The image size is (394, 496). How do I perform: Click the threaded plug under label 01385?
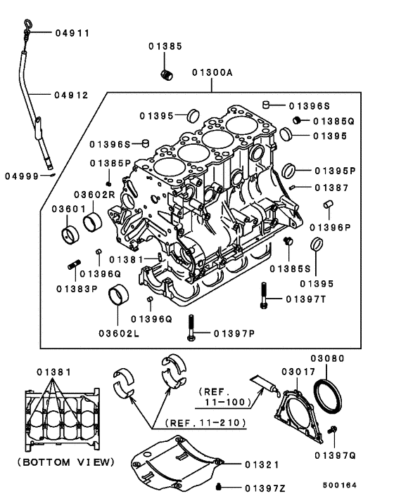(167, 74)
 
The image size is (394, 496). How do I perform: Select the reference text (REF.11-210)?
(207, 423)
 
